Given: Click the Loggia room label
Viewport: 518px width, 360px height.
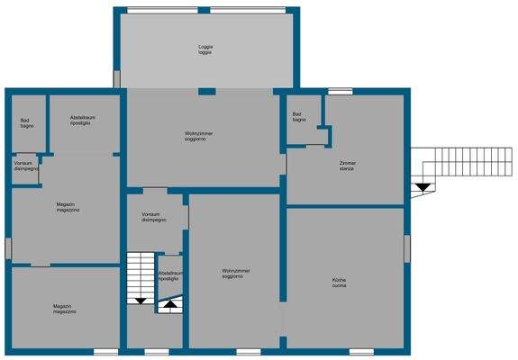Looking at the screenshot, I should [205, 49].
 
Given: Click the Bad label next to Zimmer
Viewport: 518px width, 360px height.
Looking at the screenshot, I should [299, 117].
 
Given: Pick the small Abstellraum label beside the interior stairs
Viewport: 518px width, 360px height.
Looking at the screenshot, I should [170, 275].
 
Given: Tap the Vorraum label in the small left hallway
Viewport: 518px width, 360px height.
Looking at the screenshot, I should [26, 166].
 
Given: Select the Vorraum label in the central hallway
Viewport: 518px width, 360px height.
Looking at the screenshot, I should [153, 217].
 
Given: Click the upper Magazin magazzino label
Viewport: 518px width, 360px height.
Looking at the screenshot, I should [68, 206].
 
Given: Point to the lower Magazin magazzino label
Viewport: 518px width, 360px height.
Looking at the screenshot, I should [63, 309].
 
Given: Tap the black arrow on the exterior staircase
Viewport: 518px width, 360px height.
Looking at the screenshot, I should [422, 186].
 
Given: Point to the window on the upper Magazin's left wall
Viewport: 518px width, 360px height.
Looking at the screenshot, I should [7, 247].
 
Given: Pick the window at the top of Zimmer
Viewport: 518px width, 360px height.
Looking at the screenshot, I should [340, 91].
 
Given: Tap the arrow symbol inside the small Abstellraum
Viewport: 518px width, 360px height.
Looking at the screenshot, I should [169, 305].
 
